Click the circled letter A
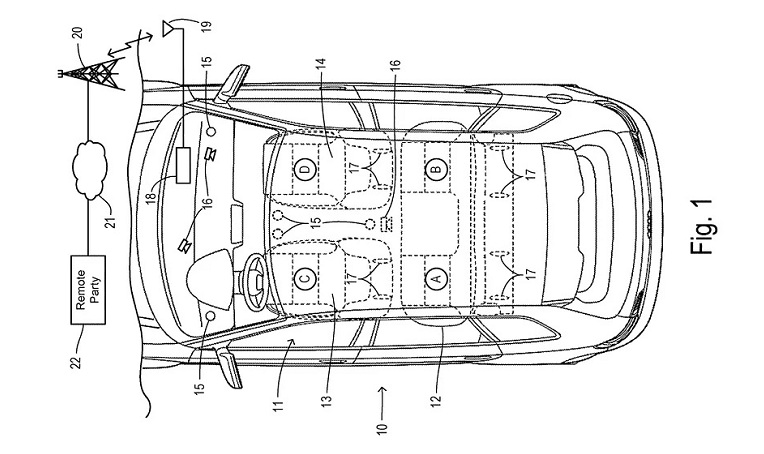(434, 279)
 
